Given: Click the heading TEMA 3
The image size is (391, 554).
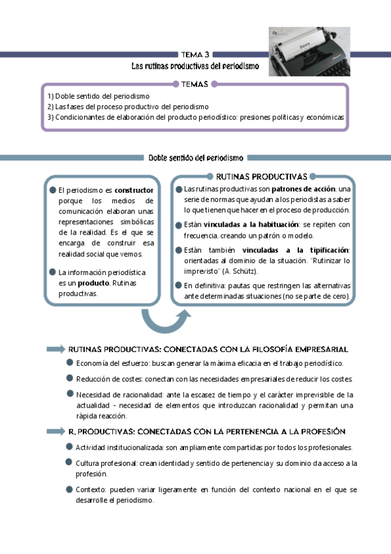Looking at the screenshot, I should (195, 55).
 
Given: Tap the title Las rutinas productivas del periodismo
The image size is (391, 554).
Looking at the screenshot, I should (195, 66).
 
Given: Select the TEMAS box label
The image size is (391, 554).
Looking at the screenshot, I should (195, 84).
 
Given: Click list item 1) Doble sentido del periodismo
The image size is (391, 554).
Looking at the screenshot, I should (98, 96).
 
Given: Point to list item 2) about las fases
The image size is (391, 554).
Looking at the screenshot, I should (128, 106).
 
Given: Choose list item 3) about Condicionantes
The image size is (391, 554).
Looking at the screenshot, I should (195, 117).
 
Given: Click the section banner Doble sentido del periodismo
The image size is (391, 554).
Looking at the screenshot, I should (195, 157).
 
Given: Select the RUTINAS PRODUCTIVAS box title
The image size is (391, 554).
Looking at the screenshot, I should (261, 176).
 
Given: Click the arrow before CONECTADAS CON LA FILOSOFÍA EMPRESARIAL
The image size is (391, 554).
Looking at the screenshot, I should (55, 350).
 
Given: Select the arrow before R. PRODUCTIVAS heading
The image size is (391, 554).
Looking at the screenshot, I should (55, 431).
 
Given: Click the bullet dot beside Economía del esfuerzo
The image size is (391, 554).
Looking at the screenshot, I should (69, 363).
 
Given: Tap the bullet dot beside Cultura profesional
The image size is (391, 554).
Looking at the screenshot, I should (69, 463).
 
